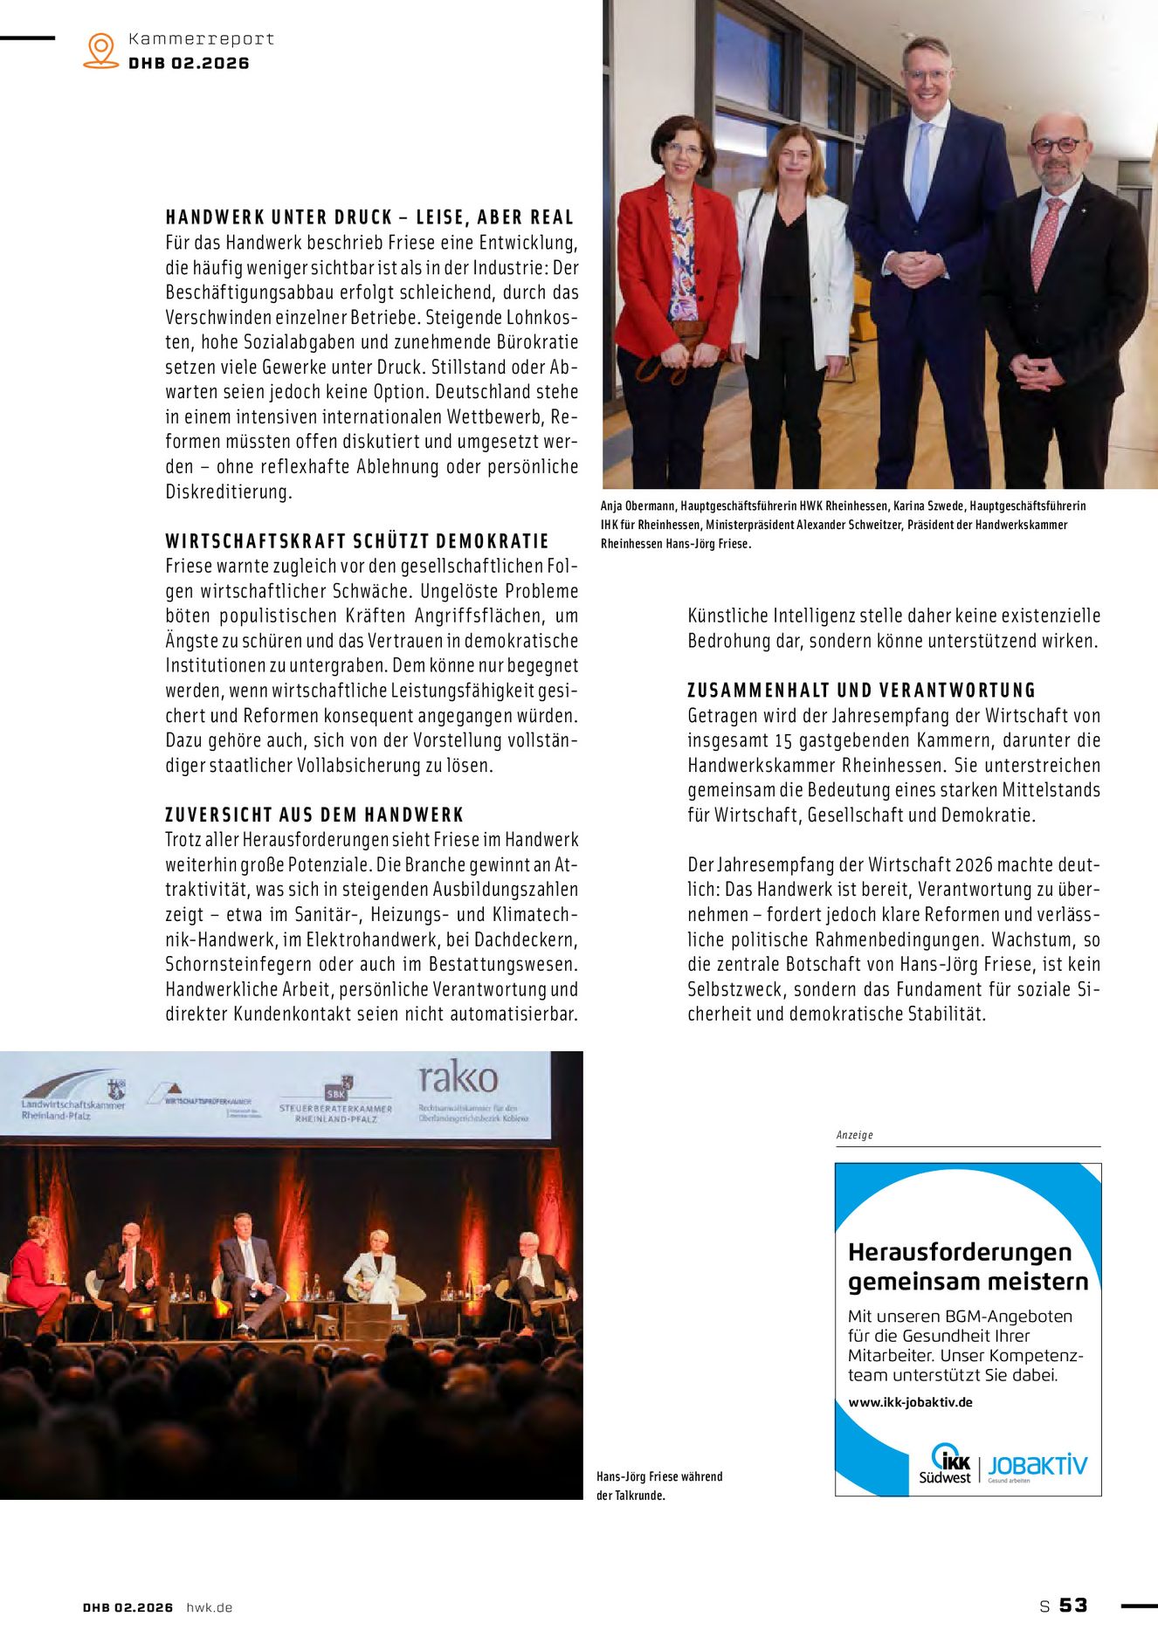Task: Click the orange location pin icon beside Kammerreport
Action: (x=101, y=50)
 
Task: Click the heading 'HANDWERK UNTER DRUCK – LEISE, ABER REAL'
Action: (x=369, y=217)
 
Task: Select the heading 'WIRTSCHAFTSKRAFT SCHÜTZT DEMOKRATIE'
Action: (x=357, y=541)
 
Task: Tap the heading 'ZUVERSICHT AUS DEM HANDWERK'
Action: (x=314, y=815)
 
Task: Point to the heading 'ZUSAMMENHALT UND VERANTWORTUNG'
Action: (x=861, y=691)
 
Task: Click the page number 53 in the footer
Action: (x=1073, y=1606)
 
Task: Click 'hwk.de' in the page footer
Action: (x=210, y=1607)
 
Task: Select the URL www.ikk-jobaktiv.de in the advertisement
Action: (x=910, y=1402)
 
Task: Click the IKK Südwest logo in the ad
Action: (x=946, y=1464)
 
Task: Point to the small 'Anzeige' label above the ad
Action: (x=854, y=1135)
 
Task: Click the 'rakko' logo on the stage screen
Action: (x=458, y=1078)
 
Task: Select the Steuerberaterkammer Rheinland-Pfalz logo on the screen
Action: (x=336, y=1102)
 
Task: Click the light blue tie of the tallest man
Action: (x=920, y=170)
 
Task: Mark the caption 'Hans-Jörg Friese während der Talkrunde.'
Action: (x=659, y=1486)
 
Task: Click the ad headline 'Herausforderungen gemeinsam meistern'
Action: (x=968, y=1267)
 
